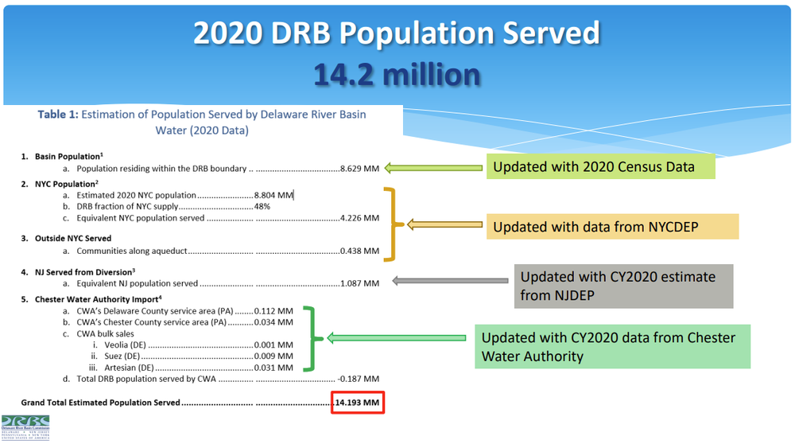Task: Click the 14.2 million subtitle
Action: point(397,74)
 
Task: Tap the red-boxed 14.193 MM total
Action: point(357,403)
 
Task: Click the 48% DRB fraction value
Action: point(262,206)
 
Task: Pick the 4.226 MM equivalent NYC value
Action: point(359,218)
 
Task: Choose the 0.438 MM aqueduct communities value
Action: point(359,251)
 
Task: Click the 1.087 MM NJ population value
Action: point(359,282)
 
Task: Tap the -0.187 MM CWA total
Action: point(359,379)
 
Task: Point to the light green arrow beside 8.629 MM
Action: point(434,167)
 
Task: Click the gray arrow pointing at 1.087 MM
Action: point(450,280)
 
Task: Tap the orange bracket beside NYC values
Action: point(390,224)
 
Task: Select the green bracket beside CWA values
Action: point(313,340)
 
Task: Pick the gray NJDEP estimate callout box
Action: point(622,286)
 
